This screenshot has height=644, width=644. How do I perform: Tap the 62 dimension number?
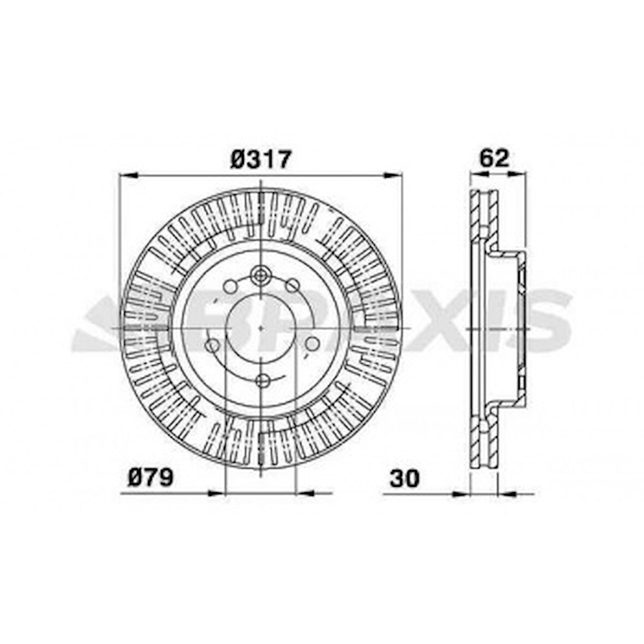494,158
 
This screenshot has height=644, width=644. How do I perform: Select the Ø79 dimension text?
151,478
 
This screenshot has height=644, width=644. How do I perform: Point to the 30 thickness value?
404,478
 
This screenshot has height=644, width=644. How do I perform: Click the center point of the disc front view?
261,327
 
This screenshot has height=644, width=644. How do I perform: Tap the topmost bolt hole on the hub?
261,274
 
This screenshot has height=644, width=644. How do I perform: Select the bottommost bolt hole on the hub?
261,380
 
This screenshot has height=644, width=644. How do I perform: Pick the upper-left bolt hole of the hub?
230,285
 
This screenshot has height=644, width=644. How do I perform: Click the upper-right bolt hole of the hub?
293,285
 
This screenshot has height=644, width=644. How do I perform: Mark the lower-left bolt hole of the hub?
212,345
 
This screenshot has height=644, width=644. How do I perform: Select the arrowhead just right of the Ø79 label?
216,493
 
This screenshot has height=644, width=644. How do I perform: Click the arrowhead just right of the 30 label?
461,493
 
